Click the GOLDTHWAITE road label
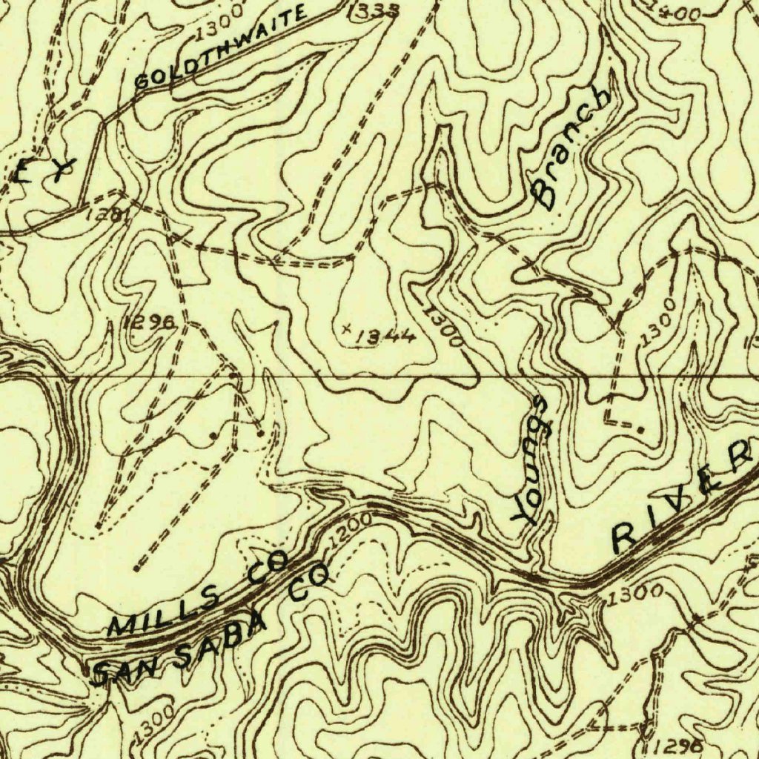220,46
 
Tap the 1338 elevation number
374,10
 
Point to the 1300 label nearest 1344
443,327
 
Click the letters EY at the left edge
46,170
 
